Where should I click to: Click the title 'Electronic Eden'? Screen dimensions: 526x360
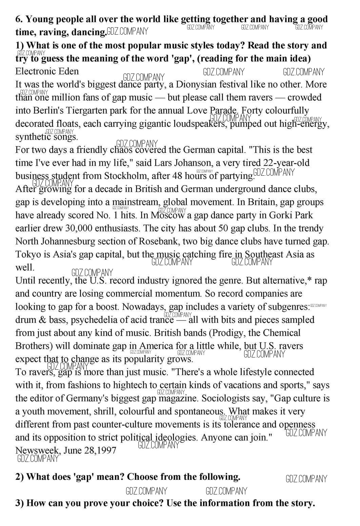47,71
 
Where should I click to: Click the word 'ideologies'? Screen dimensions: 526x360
176,437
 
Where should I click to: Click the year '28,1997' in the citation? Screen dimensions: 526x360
100,450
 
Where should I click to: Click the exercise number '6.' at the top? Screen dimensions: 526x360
19,19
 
